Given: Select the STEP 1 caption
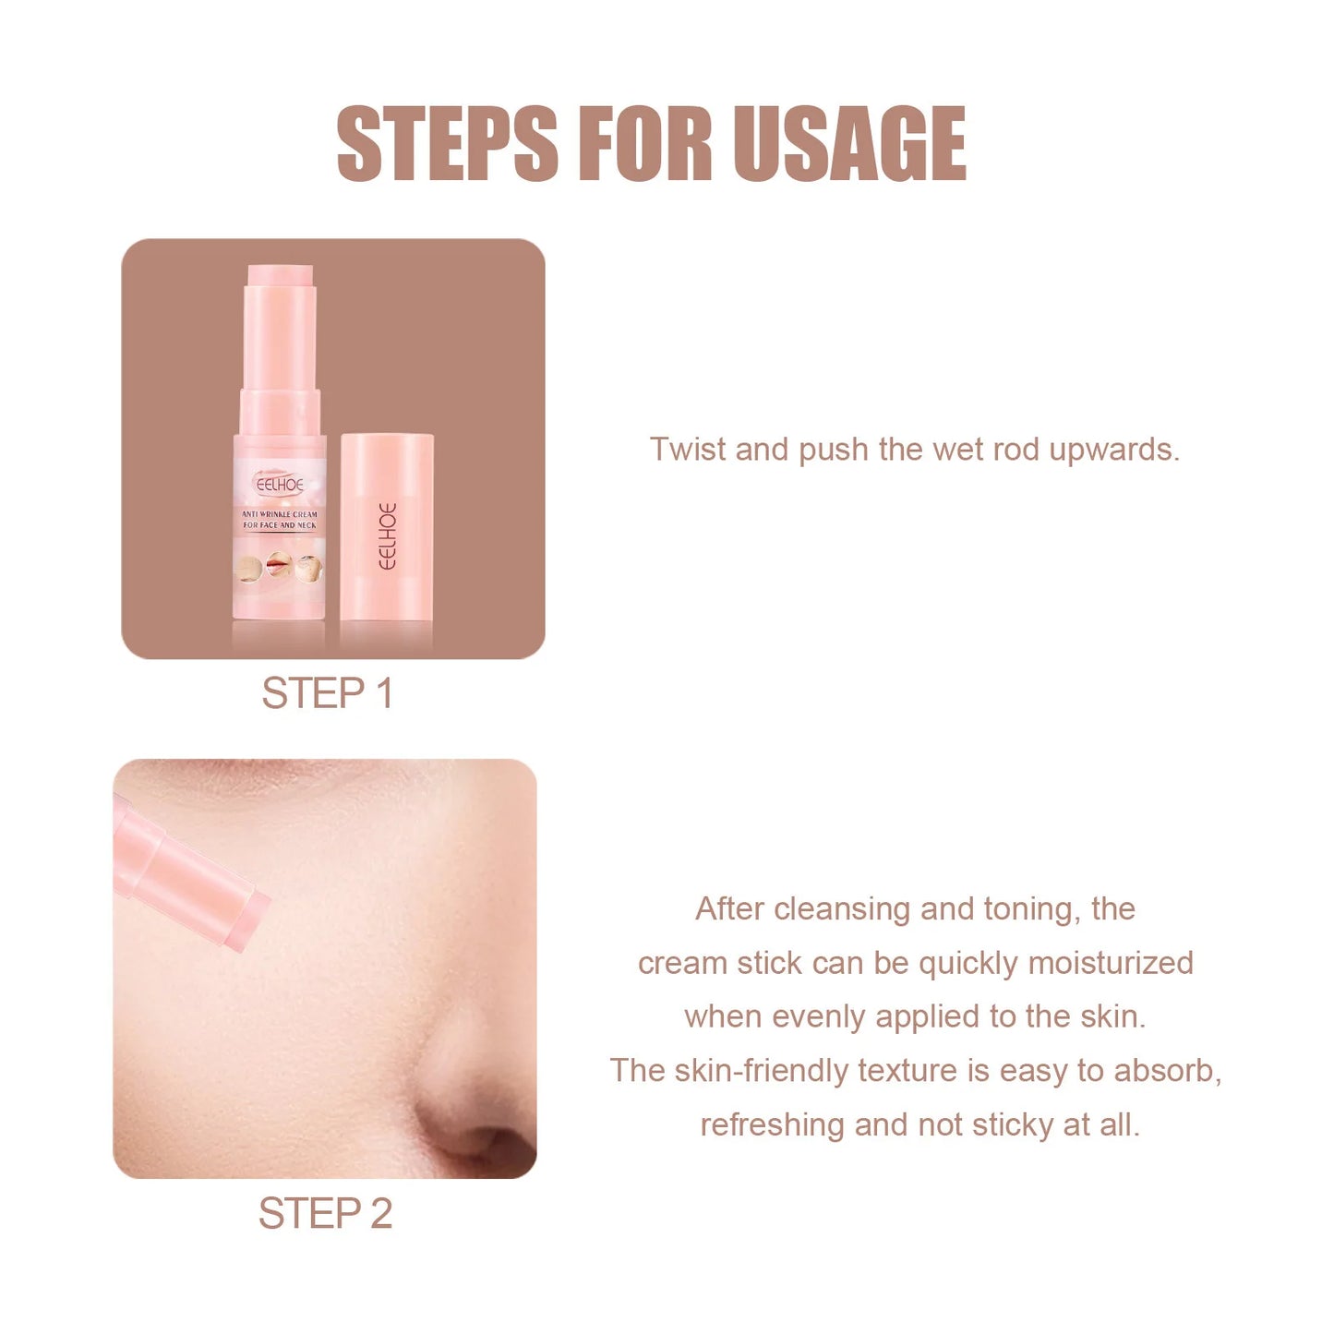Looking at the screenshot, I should tap(327, 693).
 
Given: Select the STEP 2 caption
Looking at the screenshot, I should tap(325, 1213).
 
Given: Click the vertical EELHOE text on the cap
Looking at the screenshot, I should tap(388, 535).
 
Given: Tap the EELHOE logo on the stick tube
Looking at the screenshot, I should tap(279, 484).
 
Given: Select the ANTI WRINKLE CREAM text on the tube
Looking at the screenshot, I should tap(279, 514).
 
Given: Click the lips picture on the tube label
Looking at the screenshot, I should tap(278, 563).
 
